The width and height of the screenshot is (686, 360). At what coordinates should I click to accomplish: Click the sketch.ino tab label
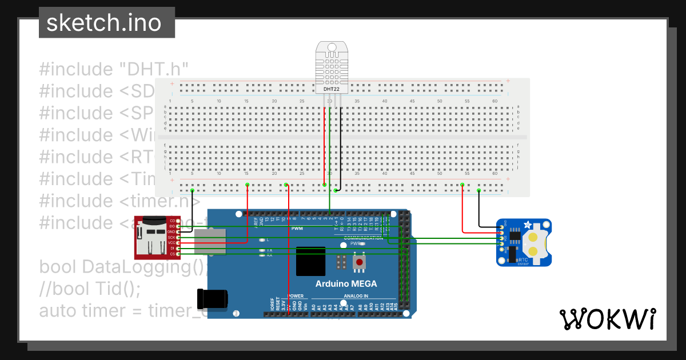click(x=103, y=23)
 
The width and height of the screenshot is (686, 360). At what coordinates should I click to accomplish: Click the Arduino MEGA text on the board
click(x=346, y=284)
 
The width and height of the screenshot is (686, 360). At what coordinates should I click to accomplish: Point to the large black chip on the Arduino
click(x=310, y=261)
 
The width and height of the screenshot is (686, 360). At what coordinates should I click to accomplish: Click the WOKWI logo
click(x=607, y=319)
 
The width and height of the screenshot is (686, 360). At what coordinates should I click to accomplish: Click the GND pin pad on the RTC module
click(x=501, y=227)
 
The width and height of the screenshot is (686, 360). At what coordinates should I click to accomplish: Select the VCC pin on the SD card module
click(x=179, y=242)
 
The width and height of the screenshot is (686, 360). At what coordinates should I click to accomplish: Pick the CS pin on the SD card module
click(x=179, y=254)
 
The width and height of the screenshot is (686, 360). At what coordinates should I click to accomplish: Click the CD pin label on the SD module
click(x=172, y=221)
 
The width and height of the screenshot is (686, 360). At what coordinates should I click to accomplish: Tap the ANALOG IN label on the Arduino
click(x=356, y=296)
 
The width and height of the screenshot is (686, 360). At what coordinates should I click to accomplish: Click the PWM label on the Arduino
click(x=297, y=229)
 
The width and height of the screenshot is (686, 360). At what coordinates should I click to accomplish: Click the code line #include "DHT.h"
click(x=114, y=69)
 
